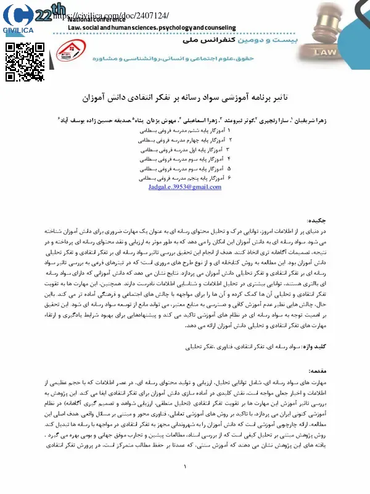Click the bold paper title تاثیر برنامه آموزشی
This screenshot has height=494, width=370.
(185, 98)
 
